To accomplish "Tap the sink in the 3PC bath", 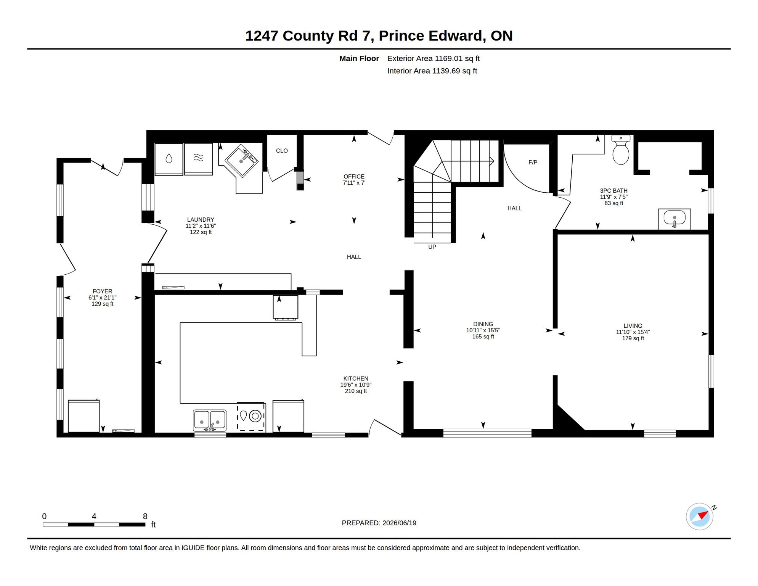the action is tap(674, 219).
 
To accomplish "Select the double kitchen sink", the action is tap(210, 420).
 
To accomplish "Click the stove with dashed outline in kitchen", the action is tap(251, 417).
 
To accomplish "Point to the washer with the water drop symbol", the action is tap(169, 159).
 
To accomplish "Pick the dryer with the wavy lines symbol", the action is tap(199, 159).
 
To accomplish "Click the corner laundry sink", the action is tap(242, 160).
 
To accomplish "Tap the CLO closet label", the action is tap(282, 151).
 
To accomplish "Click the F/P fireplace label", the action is tap(533, 163).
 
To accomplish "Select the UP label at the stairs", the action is tap(432, 247).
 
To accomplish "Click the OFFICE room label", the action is tap(354, 177).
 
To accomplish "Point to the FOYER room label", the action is tap(103, 291).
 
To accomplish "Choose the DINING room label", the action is tap(483, 324).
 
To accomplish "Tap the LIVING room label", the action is tap(633, 326).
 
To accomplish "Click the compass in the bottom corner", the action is tap(700, 517).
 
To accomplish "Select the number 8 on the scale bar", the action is tap(145, 516).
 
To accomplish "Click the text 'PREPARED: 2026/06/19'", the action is tap(379, 523).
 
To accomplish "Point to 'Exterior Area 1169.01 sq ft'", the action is tap(433, 58).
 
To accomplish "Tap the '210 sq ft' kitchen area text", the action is tap(356, 391).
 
